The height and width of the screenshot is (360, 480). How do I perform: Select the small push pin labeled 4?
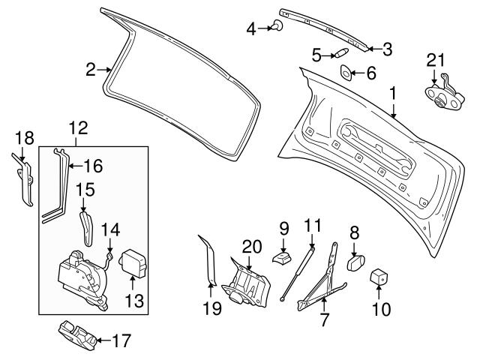[x=278, y=28]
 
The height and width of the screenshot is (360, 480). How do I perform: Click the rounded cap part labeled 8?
[x=355, y=263]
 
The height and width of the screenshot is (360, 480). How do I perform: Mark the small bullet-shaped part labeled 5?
[x=340, y=54]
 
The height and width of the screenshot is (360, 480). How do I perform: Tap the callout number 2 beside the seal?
[x=90, y=70]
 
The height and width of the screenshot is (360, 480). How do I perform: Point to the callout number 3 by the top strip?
[x=387, y=49]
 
